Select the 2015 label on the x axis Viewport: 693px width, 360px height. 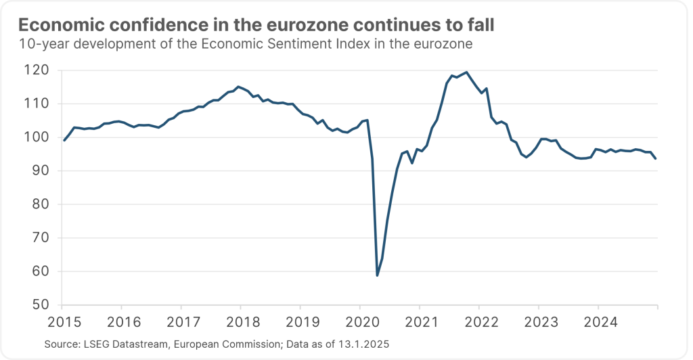[x=60, y=319]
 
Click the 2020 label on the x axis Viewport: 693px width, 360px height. [x=359, y=319]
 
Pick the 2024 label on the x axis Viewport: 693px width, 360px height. [x=599, y=319]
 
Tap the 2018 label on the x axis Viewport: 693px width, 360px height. [x=240, y=319]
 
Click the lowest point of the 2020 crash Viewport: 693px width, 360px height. [x=377, y=275]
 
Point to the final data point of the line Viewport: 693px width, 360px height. [x=656, y=158]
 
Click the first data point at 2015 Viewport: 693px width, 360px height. [x=64, y=140]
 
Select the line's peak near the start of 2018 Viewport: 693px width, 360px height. [x=238, y=87]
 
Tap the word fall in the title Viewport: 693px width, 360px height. [x=480, y=26]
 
